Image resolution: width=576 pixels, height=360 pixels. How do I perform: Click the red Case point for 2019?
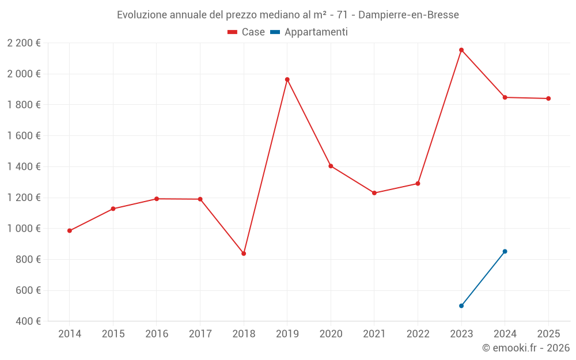pyautogui.click(x=287, y=79)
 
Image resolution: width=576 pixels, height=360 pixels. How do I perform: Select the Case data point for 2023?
pyautogui.click(x=461, y=50)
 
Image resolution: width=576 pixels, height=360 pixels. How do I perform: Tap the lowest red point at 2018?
pyautogui.click(x=244, y=253)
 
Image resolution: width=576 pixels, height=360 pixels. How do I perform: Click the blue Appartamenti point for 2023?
pyautogui.click(x=461, y=306)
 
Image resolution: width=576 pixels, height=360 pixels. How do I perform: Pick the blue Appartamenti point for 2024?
pyautogui.click(x=505, y=251)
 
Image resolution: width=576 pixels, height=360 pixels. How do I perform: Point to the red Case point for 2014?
pyautogui.click(x=70, y=231)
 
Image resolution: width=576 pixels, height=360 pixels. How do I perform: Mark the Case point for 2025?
pyautogui.click(x=548, y=98)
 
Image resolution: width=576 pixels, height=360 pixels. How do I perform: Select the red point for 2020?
pyautogui.click(x=331, y=166)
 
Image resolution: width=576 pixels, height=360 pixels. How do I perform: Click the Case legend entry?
pyautogui.click(x=247, y=32)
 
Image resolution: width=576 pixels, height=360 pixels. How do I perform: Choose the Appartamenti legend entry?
pyautogui.click(x=309, y=32)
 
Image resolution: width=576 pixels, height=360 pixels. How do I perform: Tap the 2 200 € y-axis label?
pyautogui.click(x=24, y=43)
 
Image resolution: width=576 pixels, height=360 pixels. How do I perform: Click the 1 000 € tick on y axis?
pyautogui.click(x=24, y=229)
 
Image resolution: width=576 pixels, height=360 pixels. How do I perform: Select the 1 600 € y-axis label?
pyautogui.click(x=24, y=136)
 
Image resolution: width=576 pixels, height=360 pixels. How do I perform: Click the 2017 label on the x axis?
pyautogui.click(x=200, y=334)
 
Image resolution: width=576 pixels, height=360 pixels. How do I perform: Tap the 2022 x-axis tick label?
pyautogui.click(x=418, y=334)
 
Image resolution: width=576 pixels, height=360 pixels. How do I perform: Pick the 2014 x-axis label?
pyautogui.click(x=70, y=334)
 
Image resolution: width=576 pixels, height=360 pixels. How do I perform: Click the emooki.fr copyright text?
pyautogui.click(x=525, y=348)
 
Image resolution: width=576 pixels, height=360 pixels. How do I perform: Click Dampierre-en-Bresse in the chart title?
pyautogui.click(x=408, y=15)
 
